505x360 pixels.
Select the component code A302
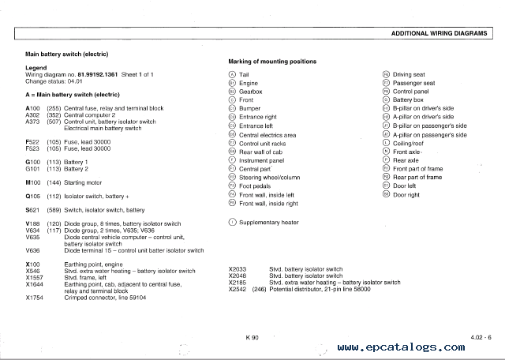[32, 114]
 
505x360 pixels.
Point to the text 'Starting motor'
[84, 182]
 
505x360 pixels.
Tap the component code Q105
[32, 196]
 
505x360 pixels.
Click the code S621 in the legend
[32, 210]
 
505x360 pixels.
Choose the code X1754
[35, 298]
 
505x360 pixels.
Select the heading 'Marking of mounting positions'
[272, 62]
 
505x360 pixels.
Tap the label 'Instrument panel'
[262, 160]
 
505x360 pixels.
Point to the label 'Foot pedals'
[255, 186]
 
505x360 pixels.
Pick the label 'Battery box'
[408, 100]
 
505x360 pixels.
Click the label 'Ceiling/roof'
[410, 143]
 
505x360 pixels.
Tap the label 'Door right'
[406, 194]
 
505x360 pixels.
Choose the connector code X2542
[238, 289]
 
